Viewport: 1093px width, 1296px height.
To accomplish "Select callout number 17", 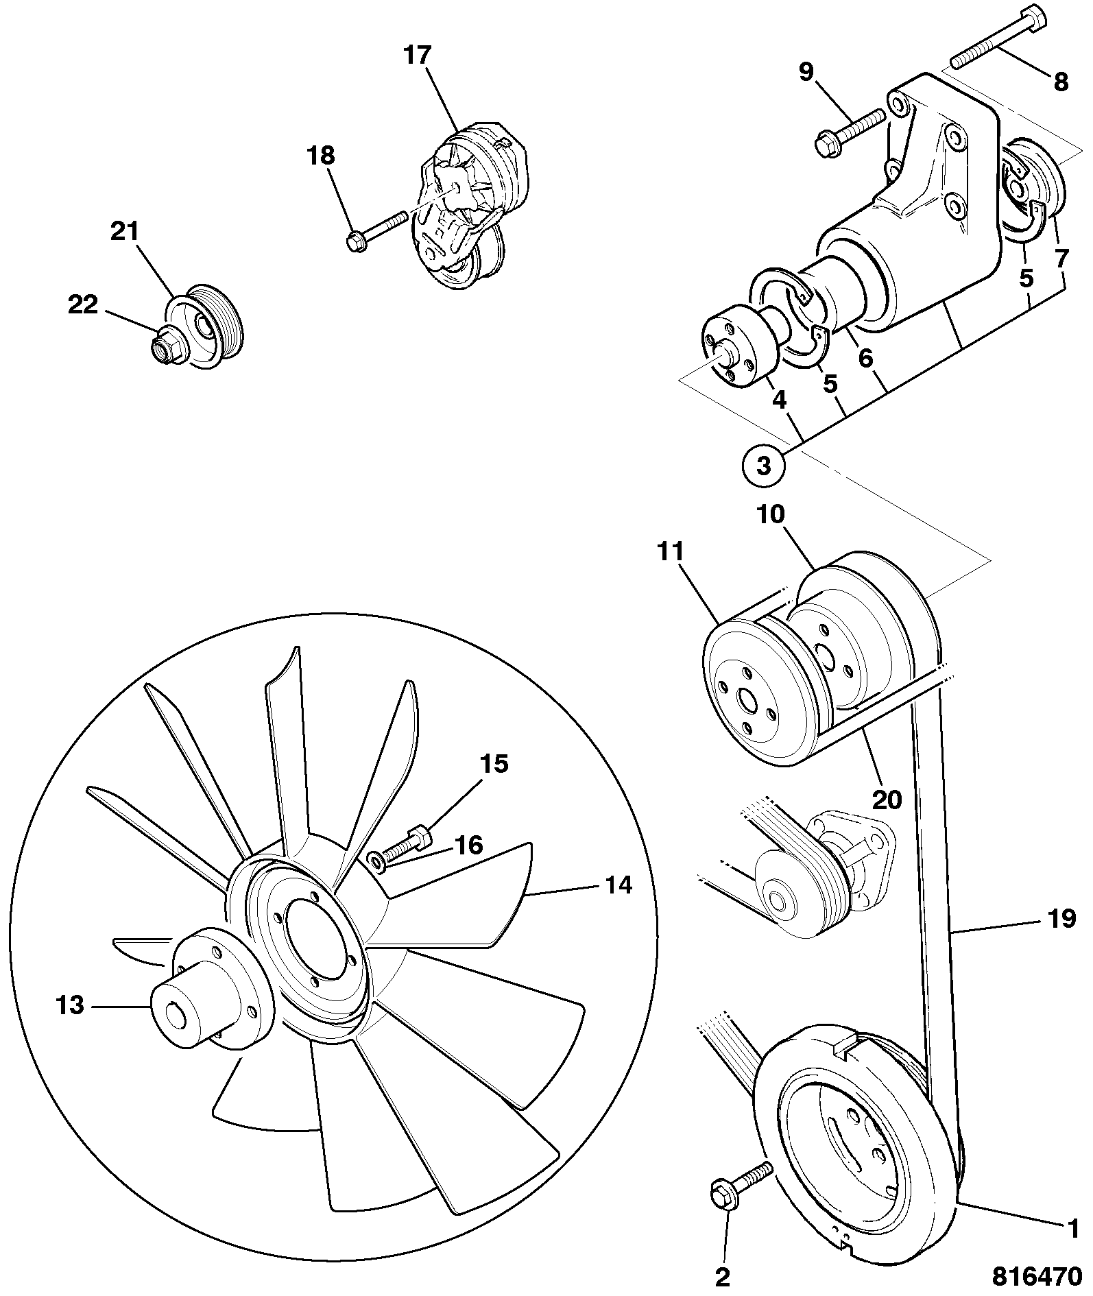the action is point(416,55).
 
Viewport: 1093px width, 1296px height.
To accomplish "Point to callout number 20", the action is point(887,799).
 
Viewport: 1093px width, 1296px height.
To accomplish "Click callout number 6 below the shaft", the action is point(866,357).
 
